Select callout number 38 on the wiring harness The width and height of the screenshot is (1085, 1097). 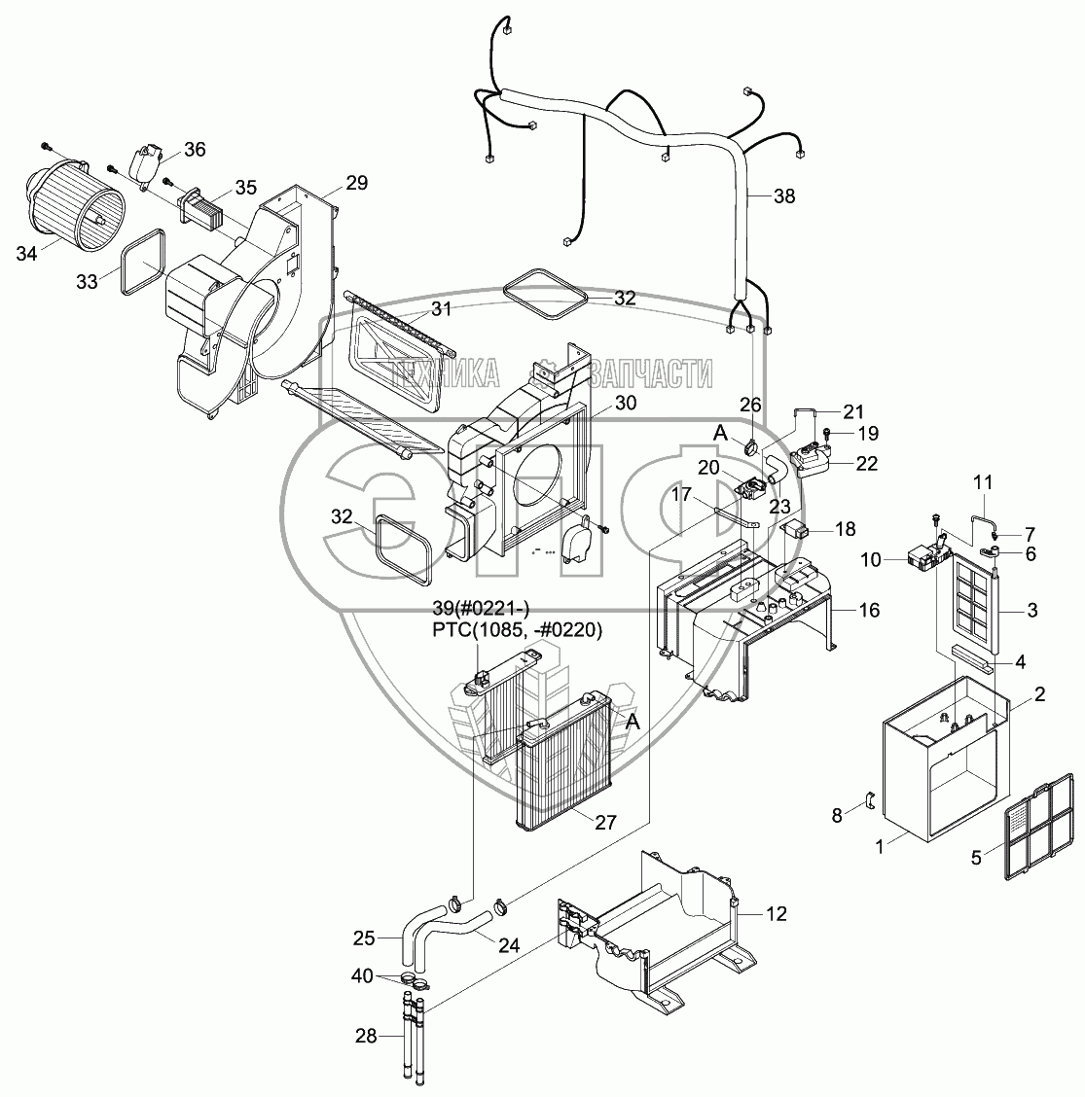point(783,196)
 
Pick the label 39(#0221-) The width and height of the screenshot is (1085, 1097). point(482,609)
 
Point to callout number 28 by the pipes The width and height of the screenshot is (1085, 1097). point(366,1037)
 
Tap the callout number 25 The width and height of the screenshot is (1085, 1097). point(363,938)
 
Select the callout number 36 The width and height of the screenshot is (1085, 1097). point(195,150)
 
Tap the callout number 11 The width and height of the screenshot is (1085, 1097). point(983,480)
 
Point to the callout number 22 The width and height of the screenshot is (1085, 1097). point(867,465)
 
